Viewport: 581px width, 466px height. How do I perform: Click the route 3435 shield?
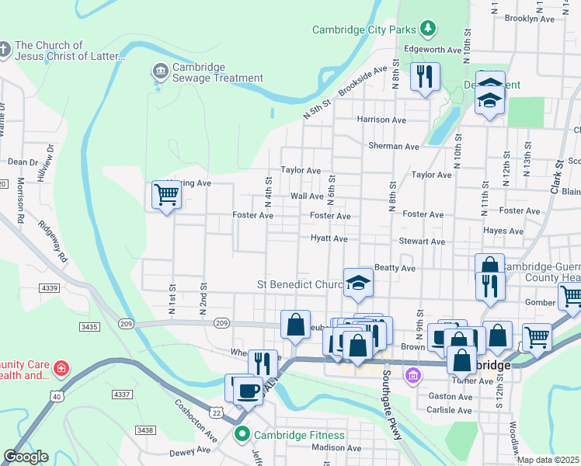89,327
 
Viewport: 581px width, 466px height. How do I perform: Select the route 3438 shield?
144,429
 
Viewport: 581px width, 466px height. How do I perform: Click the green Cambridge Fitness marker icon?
242,434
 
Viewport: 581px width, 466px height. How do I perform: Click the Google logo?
26,457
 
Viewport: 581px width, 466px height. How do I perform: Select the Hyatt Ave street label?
329,238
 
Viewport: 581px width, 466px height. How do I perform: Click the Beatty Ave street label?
395,268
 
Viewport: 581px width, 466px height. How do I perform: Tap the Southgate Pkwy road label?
391,404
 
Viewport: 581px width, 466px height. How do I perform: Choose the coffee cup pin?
248,390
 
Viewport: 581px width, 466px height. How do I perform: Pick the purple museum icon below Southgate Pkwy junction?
413,377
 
